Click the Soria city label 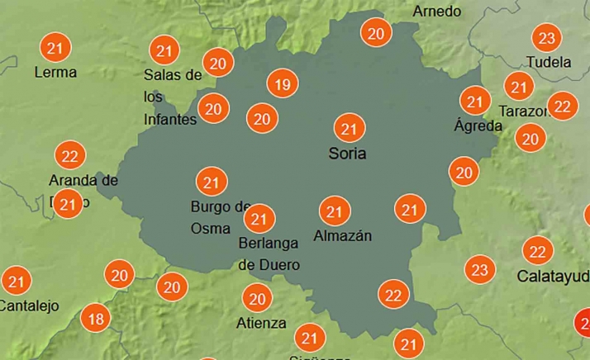[347, 154]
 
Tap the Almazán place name [343, 236]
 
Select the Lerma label [55, 72]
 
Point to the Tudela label [549, 62]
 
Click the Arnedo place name [436, 12]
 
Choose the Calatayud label [553, 275]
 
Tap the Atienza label [261, 323]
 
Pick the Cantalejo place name [30, 306]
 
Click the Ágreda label [478, 126]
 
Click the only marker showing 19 [283, 83]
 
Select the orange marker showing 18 [97, 318]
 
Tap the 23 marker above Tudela [546, 38]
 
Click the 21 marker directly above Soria [349, 128]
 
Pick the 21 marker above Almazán [335, 211]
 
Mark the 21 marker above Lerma [55, 47]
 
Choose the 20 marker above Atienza [257, 298]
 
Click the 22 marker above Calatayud [538, 250]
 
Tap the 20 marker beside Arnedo [376, 33]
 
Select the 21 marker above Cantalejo [16, 281]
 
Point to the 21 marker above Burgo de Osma [211, 182]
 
